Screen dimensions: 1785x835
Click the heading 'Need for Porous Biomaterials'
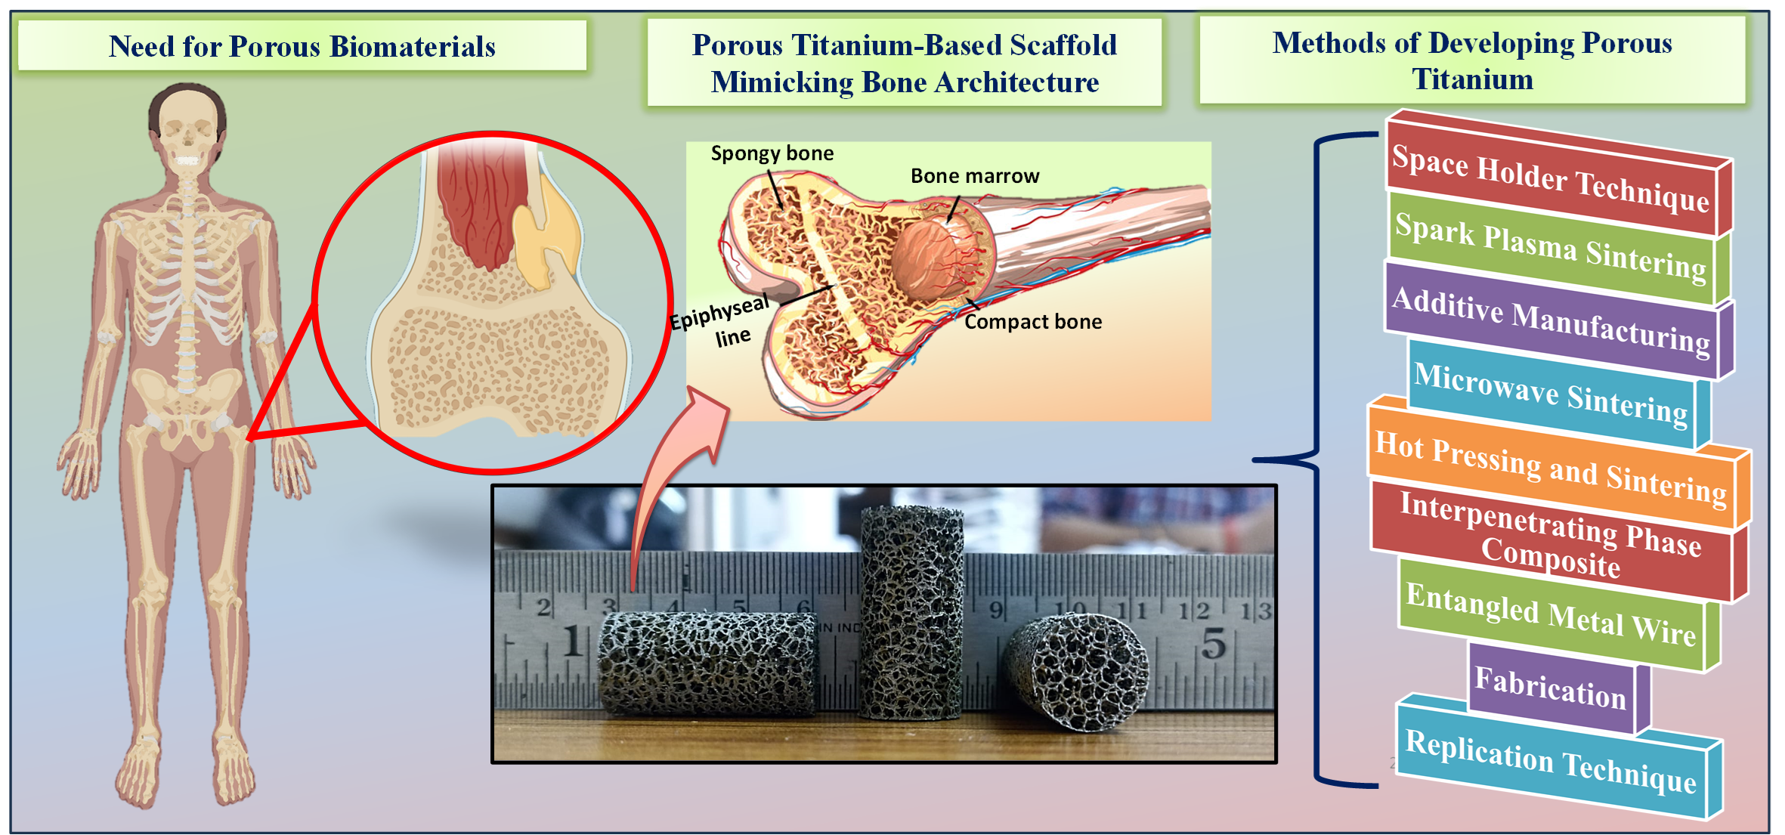click(x=302, y=46)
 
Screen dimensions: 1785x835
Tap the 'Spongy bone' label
click(x=772, y=153)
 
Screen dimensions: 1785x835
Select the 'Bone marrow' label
click(x=975, y=176)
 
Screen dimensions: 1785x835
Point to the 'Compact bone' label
click(x=1033, y=322)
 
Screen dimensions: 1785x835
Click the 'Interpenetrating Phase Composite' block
click(x=1550, y=534)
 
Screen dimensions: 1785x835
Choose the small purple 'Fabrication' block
click(x=1550, y=688)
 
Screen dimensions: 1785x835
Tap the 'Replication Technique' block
click(x=1550, y=761)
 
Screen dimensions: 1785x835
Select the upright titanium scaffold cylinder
click(x=911, y=612)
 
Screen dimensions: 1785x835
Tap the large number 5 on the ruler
click(x=1214, y=644)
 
